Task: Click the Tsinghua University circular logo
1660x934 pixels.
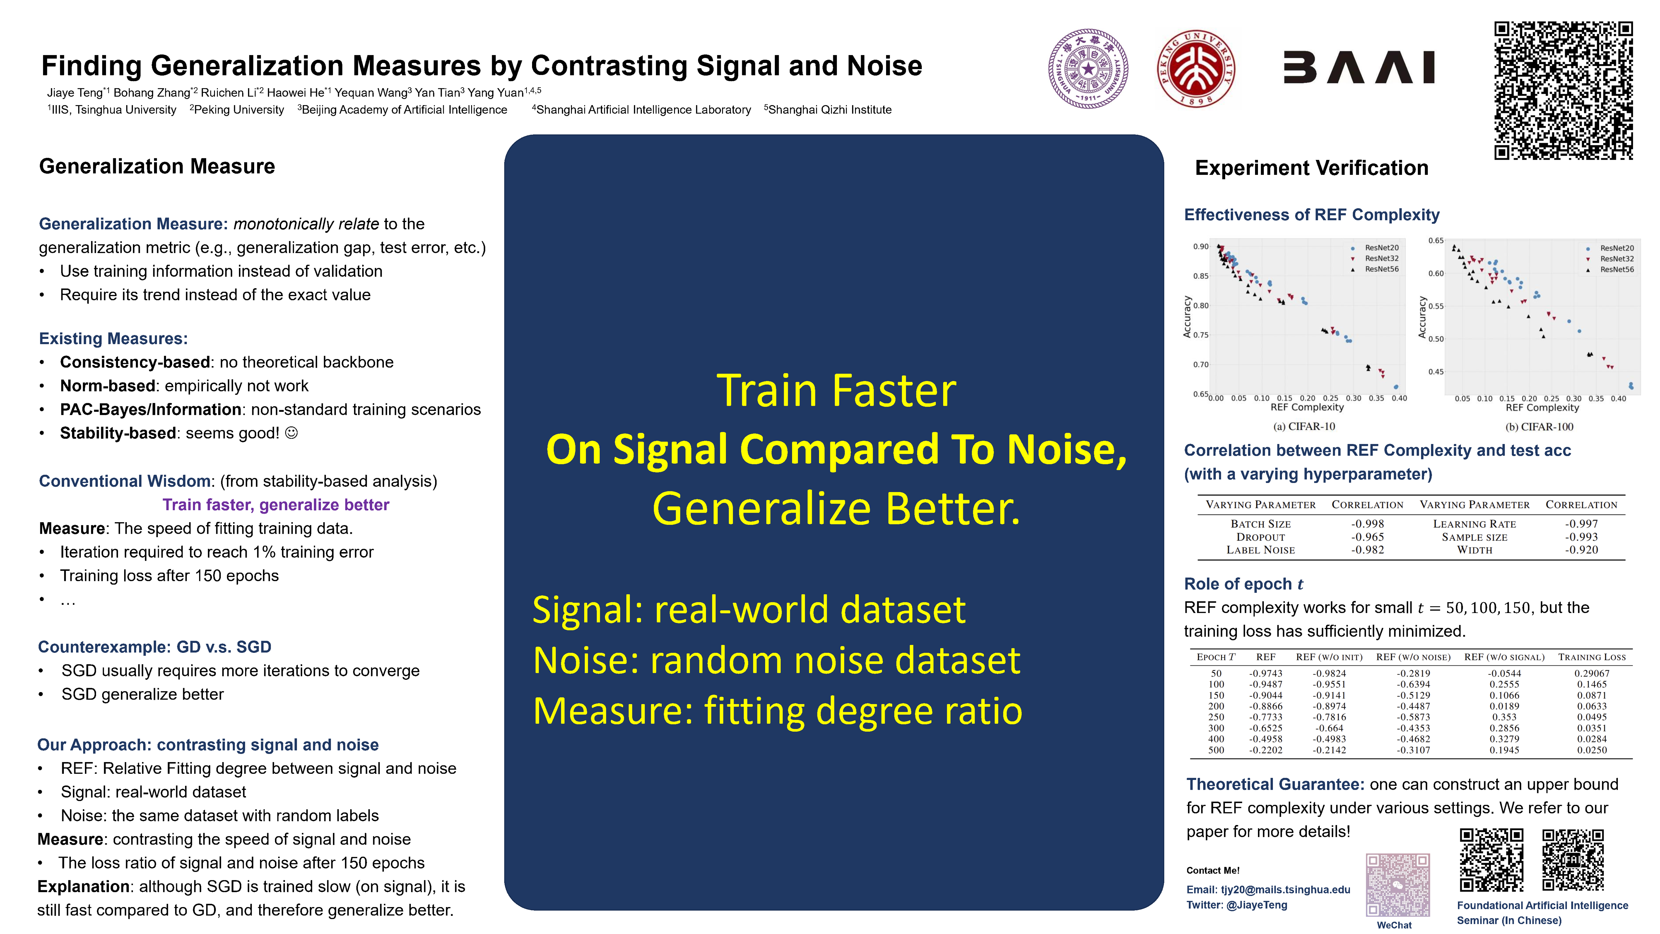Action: (1088, 68)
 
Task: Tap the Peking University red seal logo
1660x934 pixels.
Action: (1197, 68)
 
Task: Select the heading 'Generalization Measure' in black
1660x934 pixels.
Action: (157, 166)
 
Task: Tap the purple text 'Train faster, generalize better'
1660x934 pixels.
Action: (276, 505)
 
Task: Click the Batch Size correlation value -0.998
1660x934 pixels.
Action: (1368, 524)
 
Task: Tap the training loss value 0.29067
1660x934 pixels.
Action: (1592, 673)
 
